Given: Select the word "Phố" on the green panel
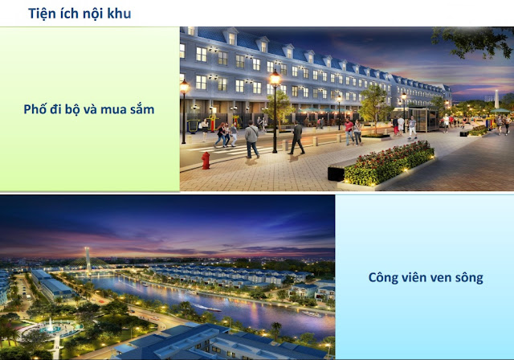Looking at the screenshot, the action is (35, 108).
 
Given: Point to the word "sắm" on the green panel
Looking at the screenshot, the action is (142, 108).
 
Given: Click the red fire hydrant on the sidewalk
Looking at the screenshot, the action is (206, 161).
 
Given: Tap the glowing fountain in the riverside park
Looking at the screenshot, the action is (50, 326).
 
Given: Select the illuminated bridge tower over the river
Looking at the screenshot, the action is (88, 260).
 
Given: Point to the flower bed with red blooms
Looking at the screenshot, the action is (389, 163).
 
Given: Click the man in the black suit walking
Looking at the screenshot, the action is (297, 137).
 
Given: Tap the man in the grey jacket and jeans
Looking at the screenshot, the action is (252, 139).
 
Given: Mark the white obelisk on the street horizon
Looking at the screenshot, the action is (496, 99).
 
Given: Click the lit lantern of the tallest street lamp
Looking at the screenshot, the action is (275, 78).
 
